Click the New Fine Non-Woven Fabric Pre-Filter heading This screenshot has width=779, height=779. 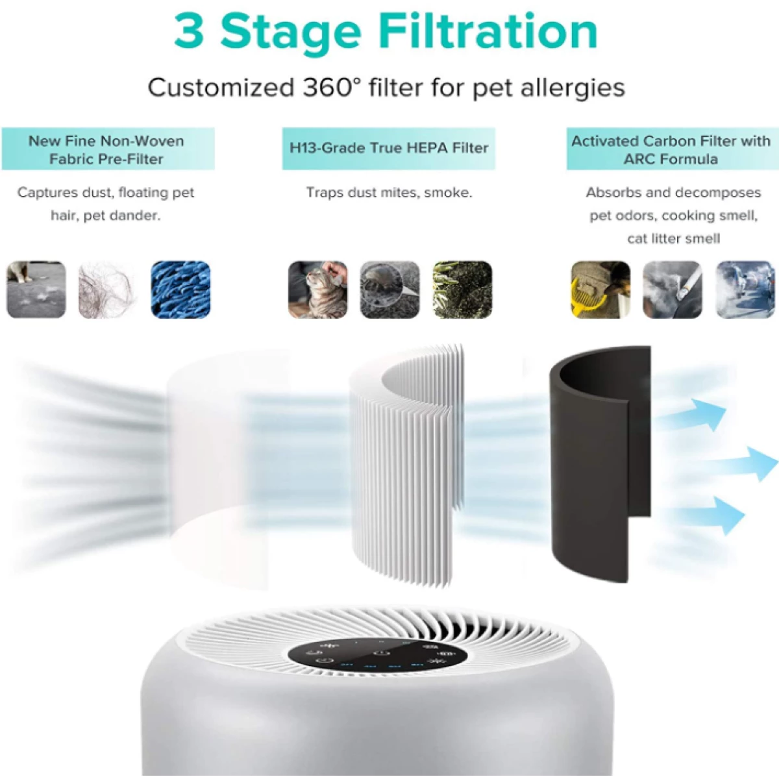point(107,149)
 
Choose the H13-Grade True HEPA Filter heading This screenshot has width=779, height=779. point(388,148)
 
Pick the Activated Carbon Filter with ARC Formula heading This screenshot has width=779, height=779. point(671,149)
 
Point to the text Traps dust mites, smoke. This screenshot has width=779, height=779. point(389,193)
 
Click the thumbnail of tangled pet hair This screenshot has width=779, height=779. point(108,290)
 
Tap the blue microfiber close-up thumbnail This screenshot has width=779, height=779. point(180,290)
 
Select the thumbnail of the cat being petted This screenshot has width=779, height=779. point(317,290)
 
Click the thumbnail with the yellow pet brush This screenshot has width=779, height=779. point(600,290)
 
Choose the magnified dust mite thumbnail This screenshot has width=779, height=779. point(389,290)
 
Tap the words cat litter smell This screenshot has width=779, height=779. point(673,239)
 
